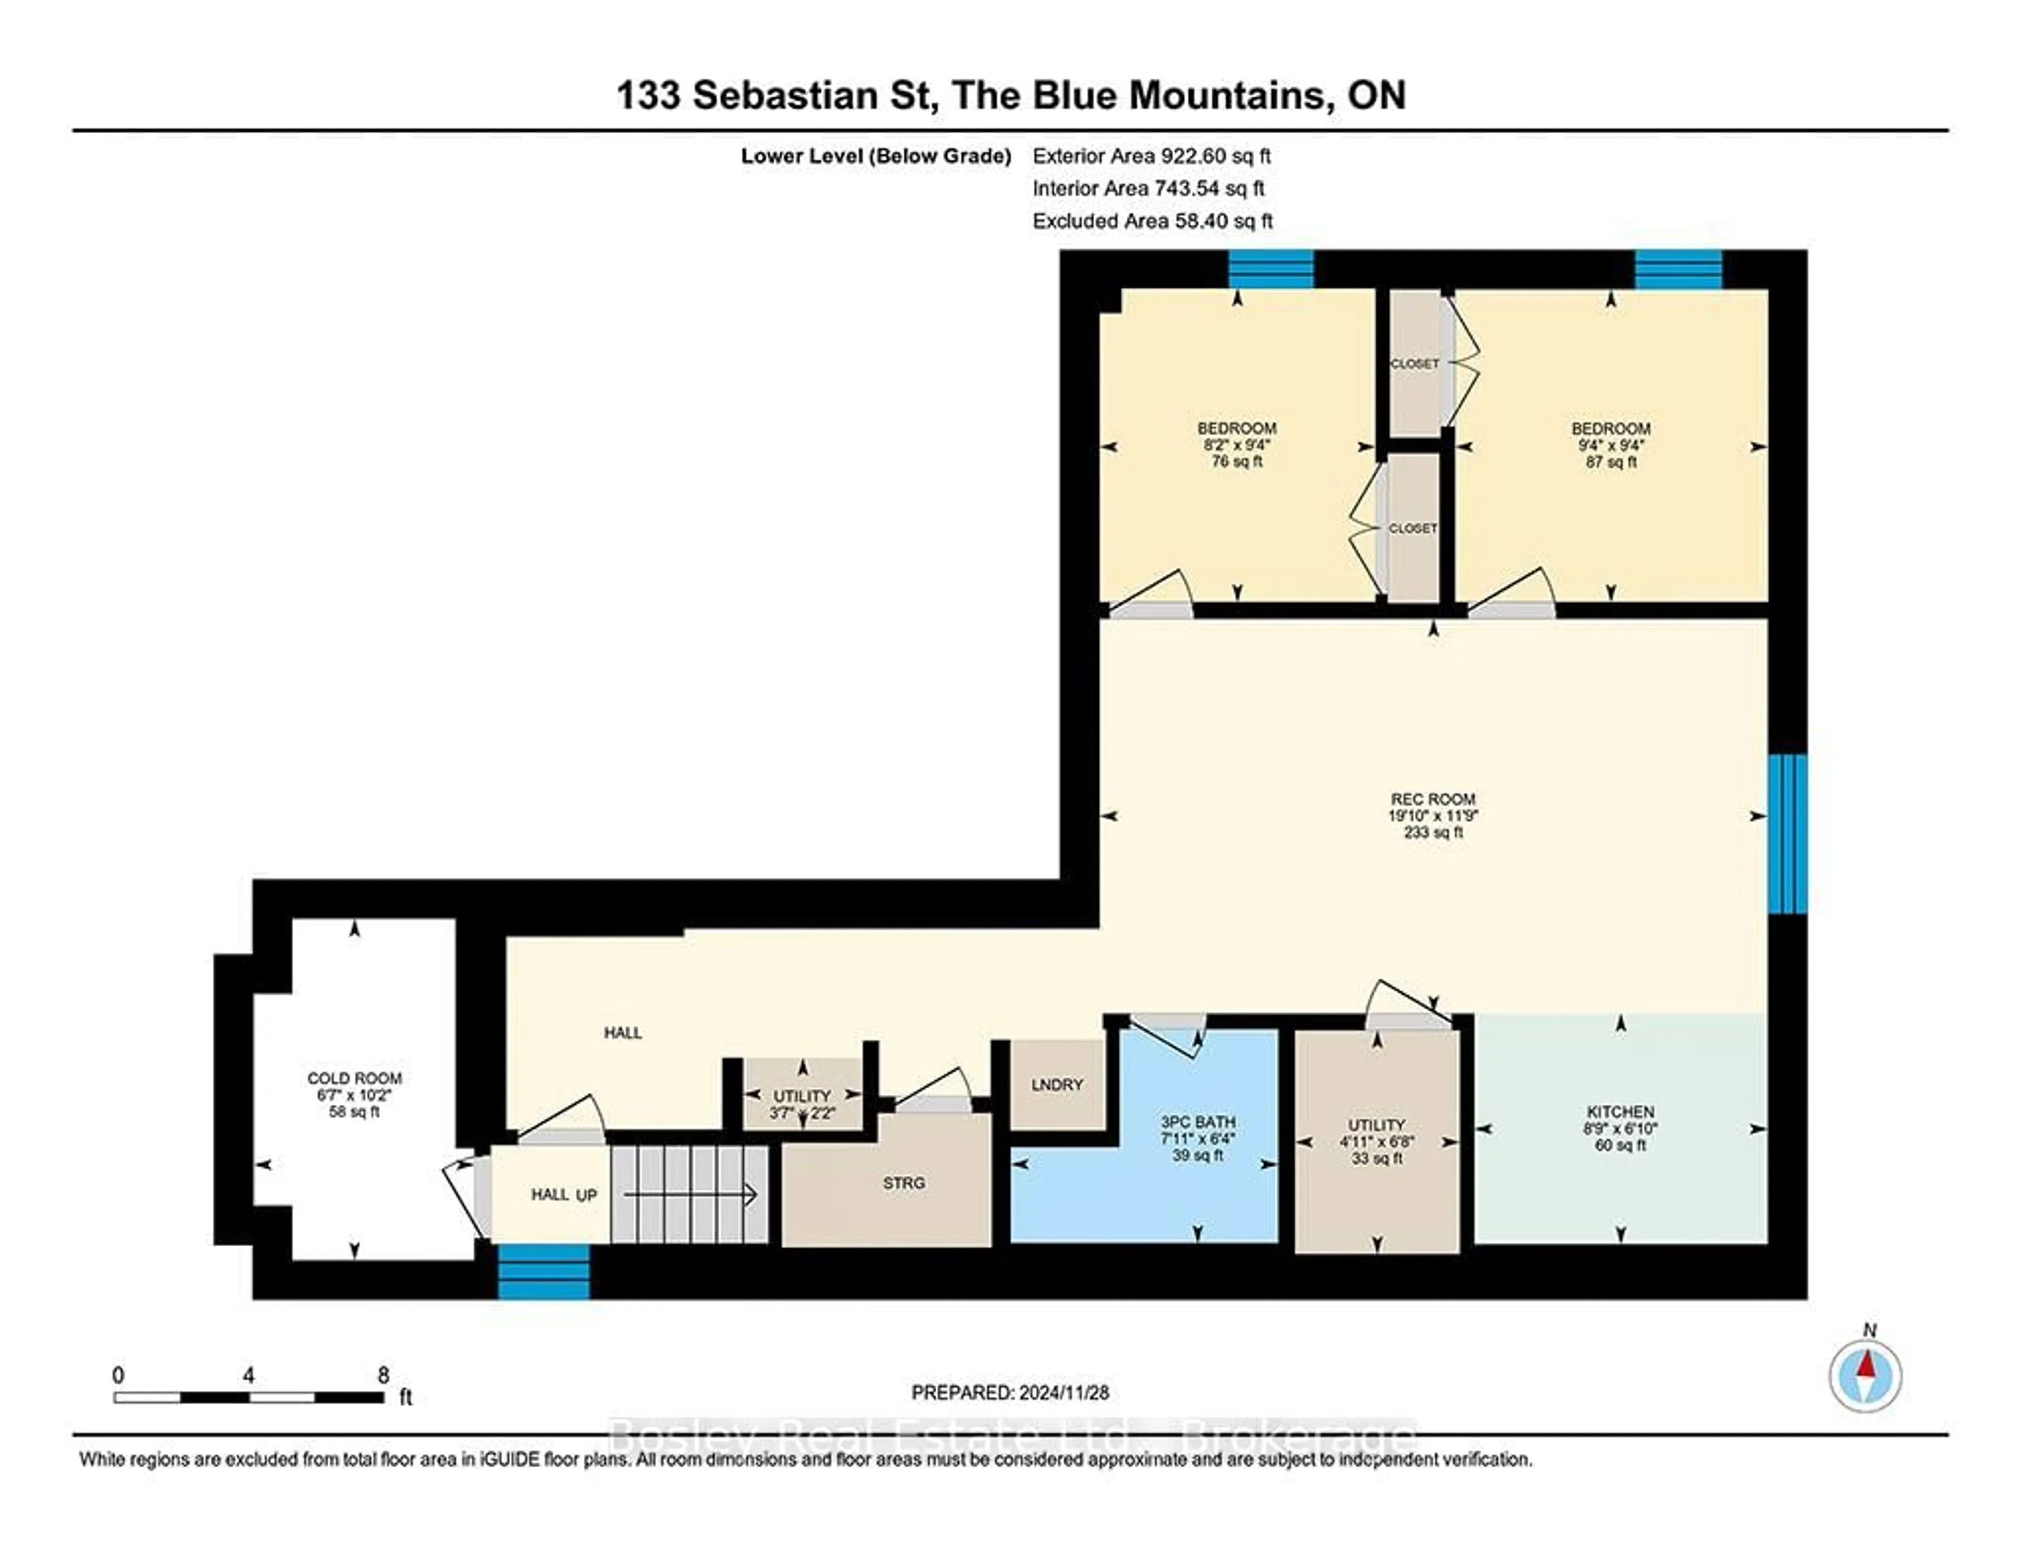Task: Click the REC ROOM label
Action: click(x=1433, y=798)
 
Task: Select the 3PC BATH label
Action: click(x=1197, y=1122)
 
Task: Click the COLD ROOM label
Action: click(x=354, y=1078)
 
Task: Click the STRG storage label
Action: click(x=903, y=1183)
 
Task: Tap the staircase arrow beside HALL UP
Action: click(x=689, y=1196)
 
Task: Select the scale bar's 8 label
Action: click(x=383, y=1375)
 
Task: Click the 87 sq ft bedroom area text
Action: click(x=1610, y=462)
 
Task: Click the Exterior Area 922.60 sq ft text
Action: click(x=1151, y=155)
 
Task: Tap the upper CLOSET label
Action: click(x=1414, y=364)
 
